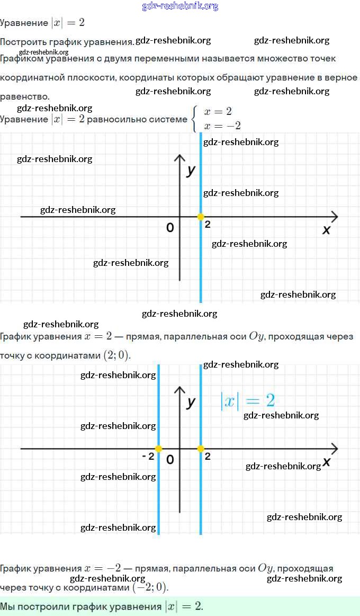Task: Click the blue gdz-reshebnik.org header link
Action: pos(180,6)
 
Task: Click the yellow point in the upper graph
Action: pos(201,216)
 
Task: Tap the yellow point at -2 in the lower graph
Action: pos(158,449)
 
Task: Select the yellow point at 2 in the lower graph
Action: pos(201,449)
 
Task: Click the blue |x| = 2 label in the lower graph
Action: pos(247,400)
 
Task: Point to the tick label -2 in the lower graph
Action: pos(148,456)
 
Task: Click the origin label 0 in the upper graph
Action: pos(170,228)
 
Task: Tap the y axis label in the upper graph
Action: pos(191,170)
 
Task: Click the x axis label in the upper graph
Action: pos(326,229)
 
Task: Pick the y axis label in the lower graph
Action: pos(191,402)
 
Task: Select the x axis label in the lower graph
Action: pos(326,461)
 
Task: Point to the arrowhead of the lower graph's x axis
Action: pos(334,449)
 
